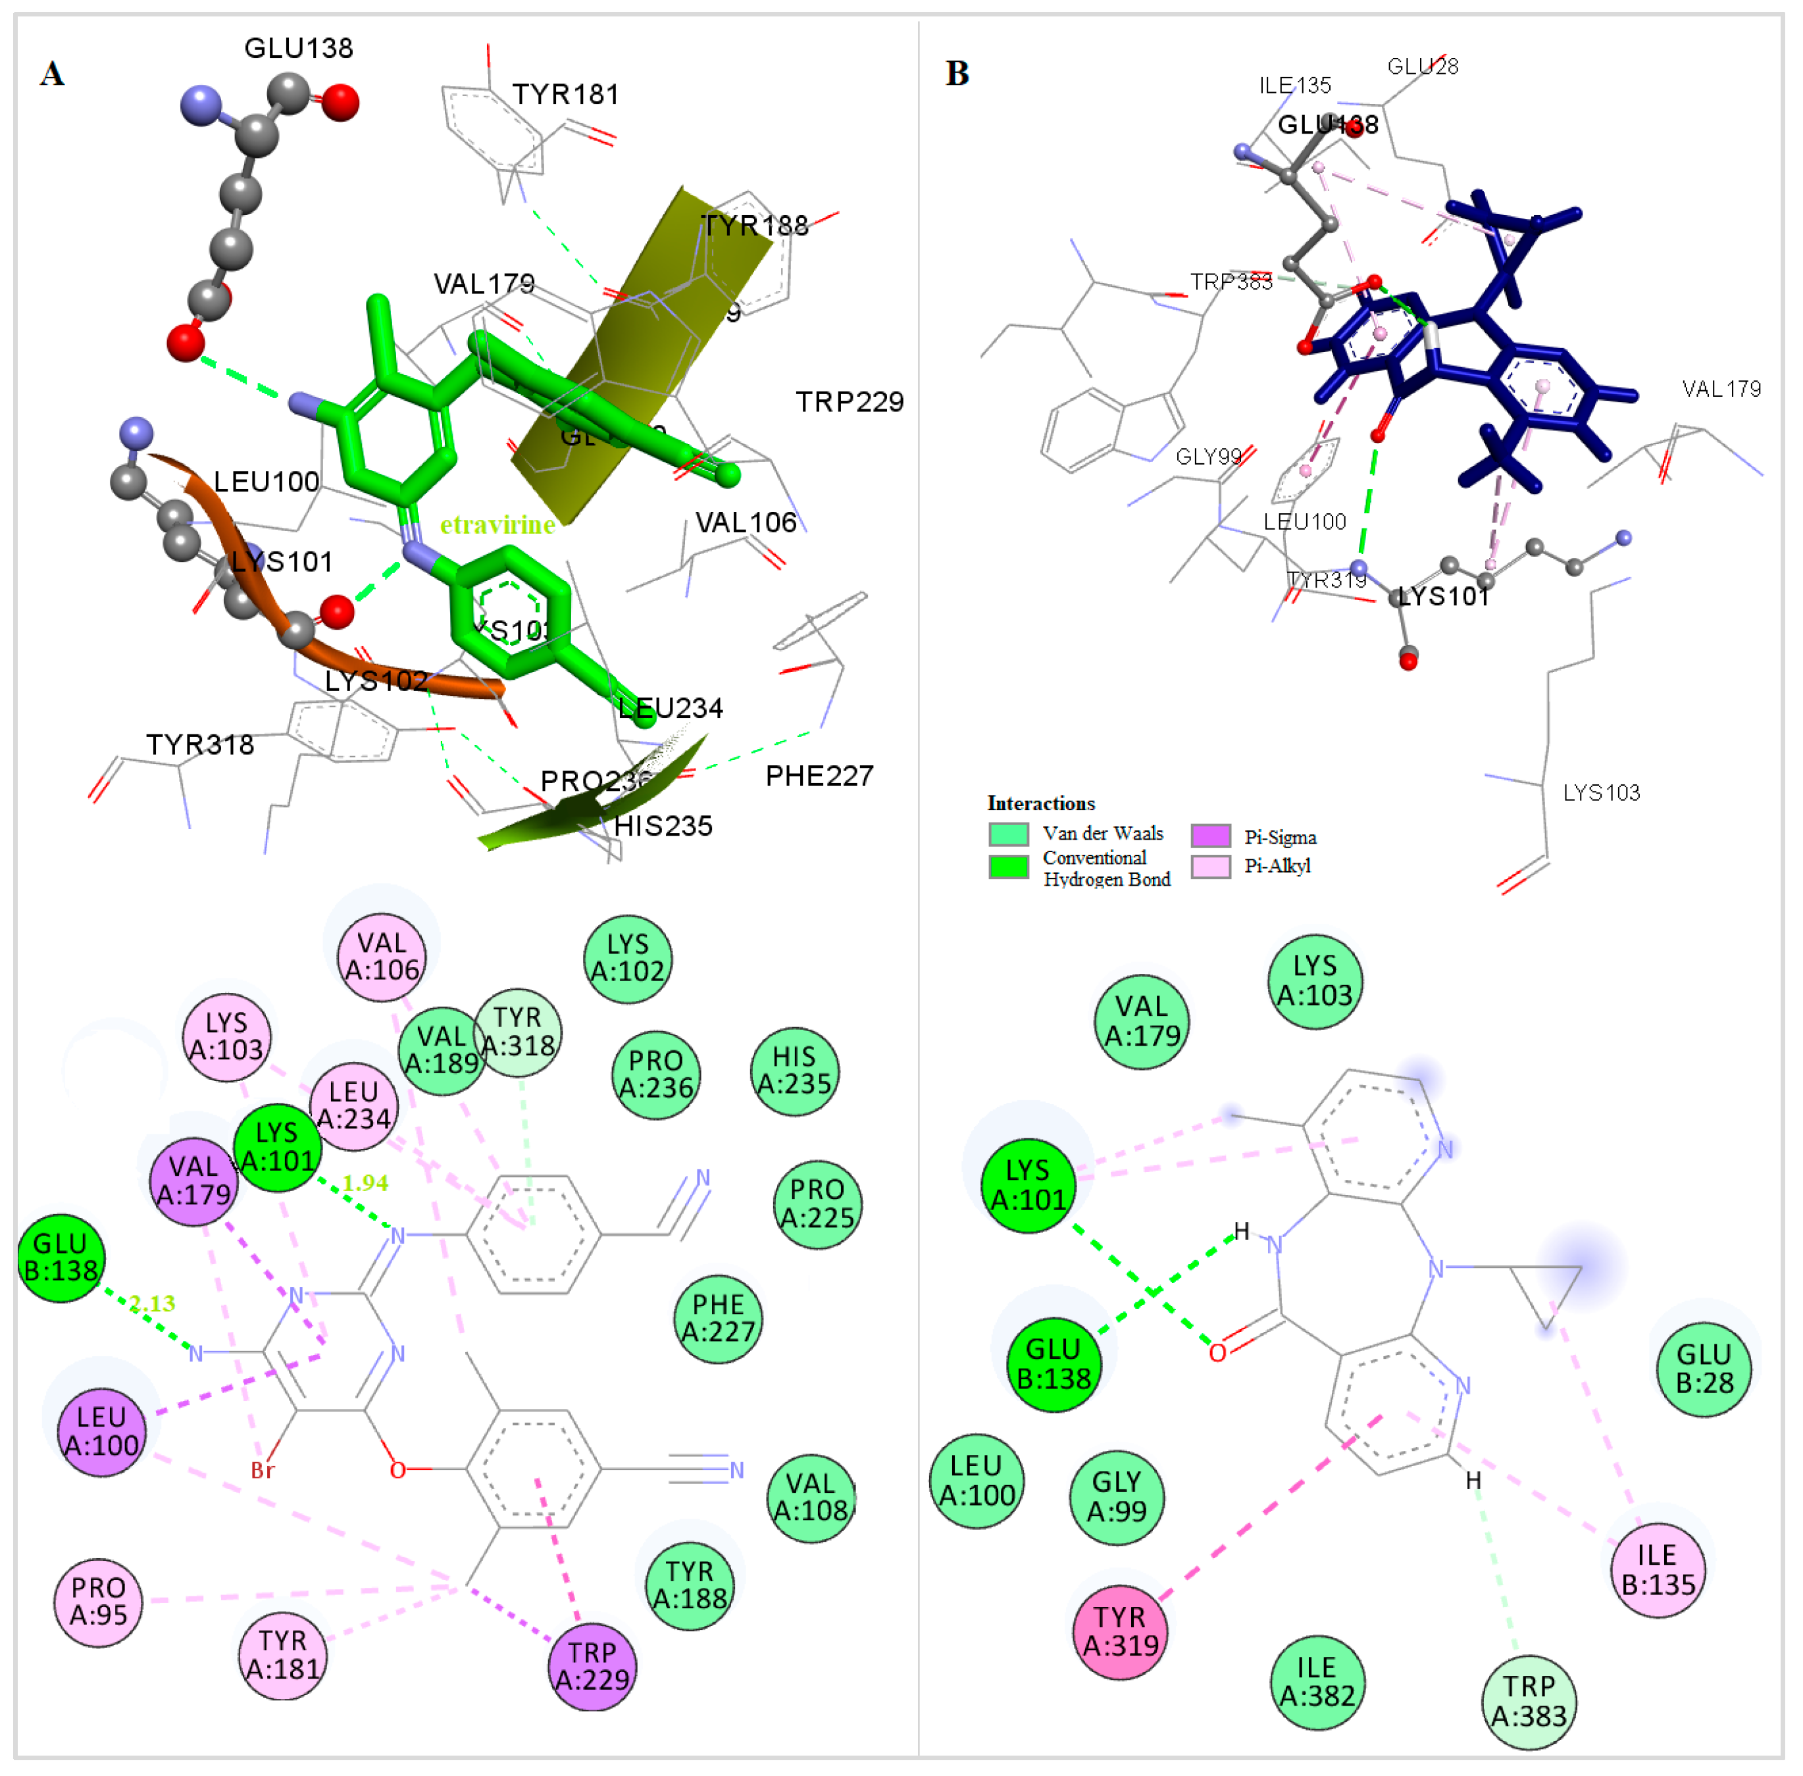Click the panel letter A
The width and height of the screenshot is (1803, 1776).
pos(52,73)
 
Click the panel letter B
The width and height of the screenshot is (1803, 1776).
pos(957,73)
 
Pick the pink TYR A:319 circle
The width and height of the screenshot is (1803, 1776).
pos(1119,1631)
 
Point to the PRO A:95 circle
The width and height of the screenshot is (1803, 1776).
pos(98,1601)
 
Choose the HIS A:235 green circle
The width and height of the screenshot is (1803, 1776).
pos(795,1070)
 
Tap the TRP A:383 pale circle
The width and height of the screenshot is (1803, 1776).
pos(1529,1700)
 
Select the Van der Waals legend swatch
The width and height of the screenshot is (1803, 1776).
pos(1008,833)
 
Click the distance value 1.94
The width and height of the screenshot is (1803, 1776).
pos(365,1182)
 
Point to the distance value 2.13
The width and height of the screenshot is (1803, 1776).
pos(152,1303)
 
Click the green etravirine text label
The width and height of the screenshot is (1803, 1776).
pos(497,525)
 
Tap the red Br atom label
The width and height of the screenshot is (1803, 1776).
pos(263,1470)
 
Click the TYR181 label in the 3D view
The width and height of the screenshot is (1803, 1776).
pos(565,94)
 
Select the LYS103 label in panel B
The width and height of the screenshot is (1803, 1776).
pos(1600,793)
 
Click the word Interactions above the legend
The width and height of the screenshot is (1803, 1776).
pos(1041,803)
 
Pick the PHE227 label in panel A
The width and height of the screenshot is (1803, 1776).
pos(819,776)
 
